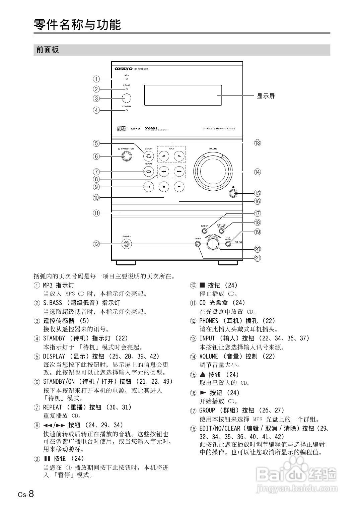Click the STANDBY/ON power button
pyautogui.click(x=126, y=156)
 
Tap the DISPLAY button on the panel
pyautogui.click(x=148, y=156)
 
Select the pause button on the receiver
pyautogui.click(x=148, y=187)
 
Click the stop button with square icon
pyautogui.click(x=164, y=187)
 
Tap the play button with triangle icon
pyautogui.click(x=179, y=187)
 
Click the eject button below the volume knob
pyautogui.click(x=233, y=193)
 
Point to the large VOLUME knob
pyautogui.click(x=213, y=172)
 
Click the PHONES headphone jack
pyautogui.click(x=126, y=244)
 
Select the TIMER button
pyautogui.click(x=198, y=244)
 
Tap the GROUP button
pyautogui.click(x=204, y=231)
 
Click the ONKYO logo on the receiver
pyautogui.click(x=124, y=69)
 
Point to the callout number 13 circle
pyautogui.click(x=257, y=143)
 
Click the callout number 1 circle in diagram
pyautogui.click(x=96, y=79)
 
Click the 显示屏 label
pyautogui.click(x=266, y=96)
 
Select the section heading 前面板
pyautogui.click(x=47, y=50)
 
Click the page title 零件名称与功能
pyautogui.click(x=77, y=25)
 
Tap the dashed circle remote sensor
pyautogui.click(x=127, y=98)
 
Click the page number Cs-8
pyautogui.click(x=26, y=494)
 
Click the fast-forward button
pyautogui.click(x=179, y=172)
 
